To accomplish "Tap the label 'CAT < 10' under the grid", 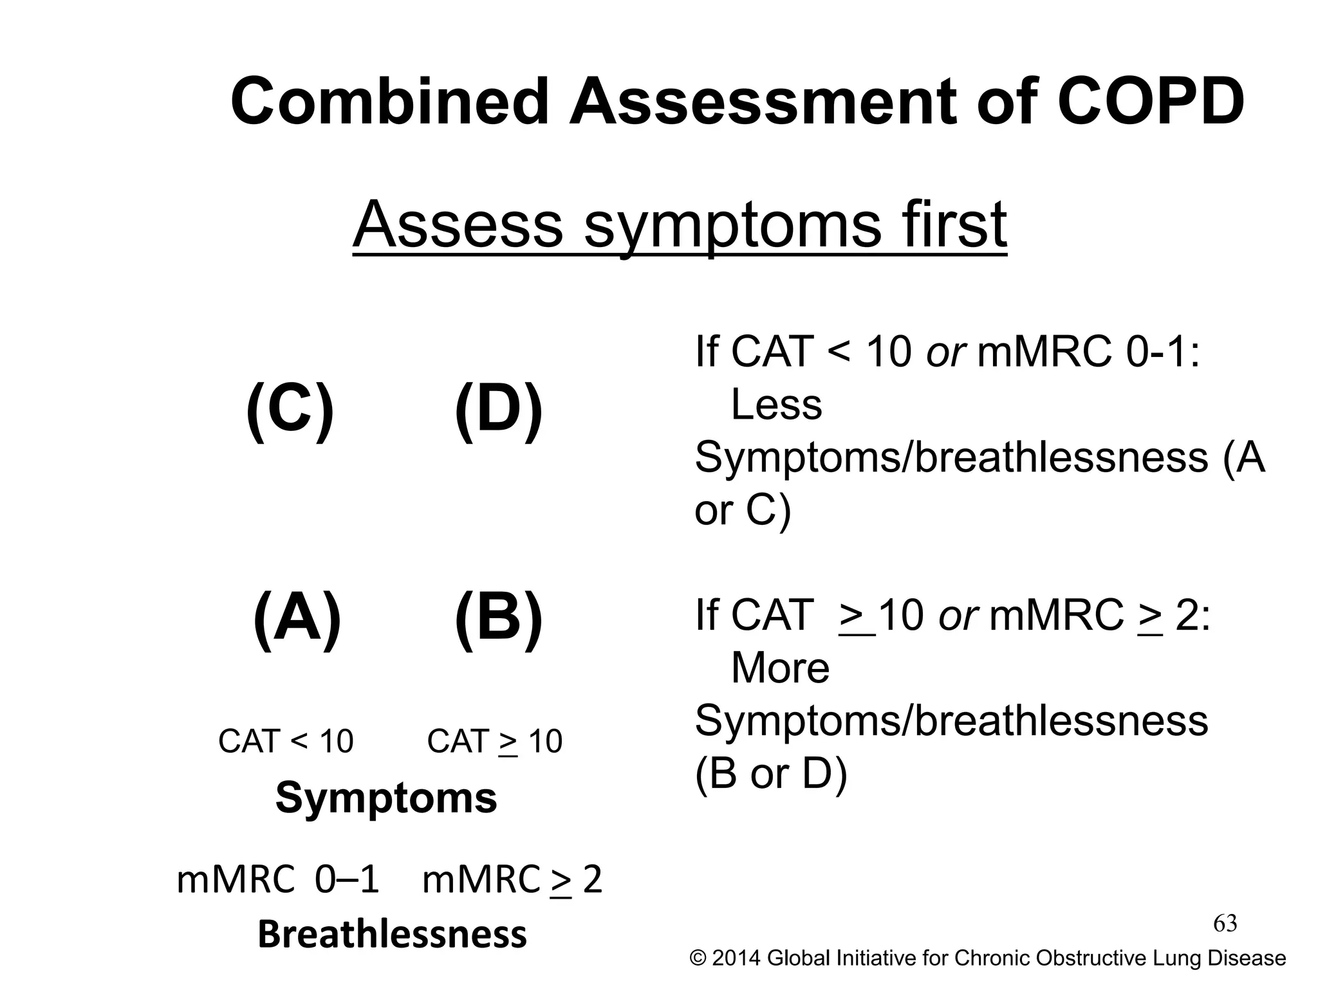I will point(286,741).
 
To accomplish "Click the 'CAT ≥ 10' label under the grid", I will point(494,741).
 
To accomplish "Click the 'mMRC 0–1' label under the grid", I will point(278,879).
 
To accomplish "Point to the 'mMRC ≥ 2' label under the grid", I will point(512,879).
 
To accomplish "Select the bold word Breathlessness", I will point(393,935).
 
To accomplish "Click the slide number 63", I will point(1225,924).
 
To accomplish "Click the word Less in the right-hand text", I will point(776,405).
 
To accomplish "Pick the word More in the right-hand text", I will point(780,668).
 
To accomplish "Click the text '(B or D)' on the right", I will point(771,773).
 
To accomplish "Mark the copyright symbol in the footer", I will point(698,958).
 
